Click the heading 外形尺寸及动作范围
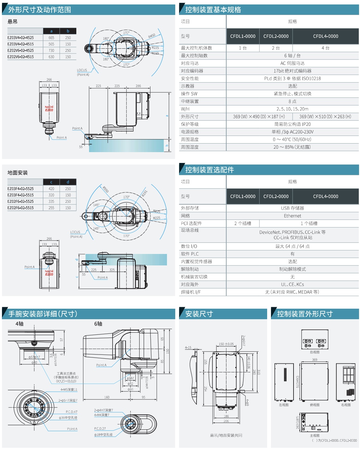point(40,10)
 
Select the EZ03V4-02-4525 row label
point(21,38)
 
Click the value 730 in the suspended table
point(51,51)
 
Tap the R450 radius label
point(152,36)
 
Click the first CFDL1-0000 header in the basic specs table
point(243,36)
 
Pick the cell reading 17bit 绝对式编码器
point(292,71)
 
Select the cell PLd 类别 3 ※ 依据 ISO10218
point(292,79)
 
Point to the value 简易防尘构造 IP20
point(292,124)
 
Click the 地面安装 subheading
point(18,173)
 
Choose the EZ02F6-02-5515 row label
point(21,208)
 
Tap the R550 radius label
point(106,189)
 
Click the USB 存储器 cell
point(292,208)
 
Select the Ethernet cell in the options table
point(292,216)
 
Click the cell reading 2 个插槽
point(243,223)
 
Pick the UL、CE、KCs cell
point(292,285)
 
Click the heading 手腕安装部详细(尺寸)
point(43,314)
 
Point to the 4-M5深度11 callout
point(69,390)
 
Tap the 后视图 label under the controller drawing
point(315,352)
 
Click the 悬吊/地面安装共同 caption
point(226,435)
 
